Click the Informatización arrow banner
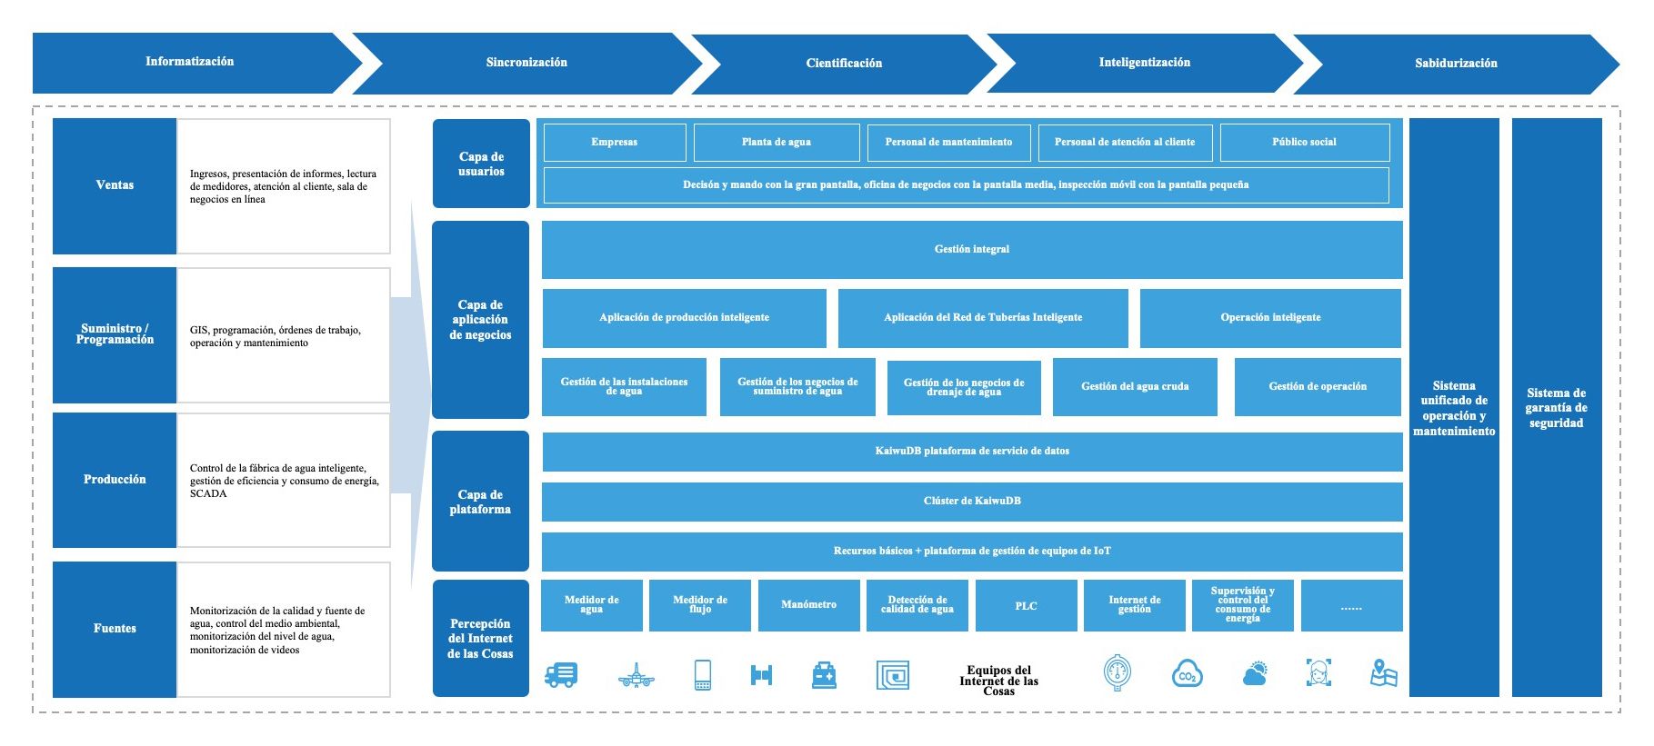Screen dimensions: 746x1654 point(189,63)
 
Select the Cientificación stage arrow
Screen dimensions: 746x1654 point(844,64)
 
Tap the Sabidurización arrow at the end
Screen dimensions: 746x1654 point(1455,64)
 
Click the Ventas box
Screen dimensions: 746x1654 point(115,185)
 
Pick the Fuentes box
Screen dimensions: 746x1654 point(115,629)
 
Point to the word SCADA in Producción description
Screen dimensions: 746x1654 point(208,494)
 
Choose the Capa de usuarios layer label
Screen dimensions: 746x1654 point(481,164)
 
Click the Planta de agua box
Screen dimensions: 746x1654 point(776,143)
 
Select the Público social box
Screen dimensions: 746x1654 point(1304,143)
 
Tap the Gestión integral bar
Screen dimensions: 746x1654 point(971,250)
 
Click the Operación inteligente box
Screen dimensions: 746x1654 point(1269,318)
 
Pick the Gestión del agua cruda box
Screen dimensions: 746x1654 point(1134,387)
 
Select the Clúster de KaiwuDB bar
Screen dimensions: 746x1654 point(971,502)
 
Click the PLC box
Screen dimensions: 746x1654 point(1026,606)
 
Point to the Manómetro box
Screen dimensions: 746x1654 point(808,605)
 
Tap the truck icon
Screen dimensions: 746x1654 point(560,675)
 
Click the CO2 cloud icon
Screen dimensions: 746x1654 point(1187,675)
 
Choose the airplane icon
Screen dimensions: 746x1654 point(636,676)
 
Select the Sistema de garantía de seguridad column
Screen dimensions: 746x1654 point(1556,408)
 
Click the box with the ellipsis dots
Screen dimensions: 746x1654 point(1351,606)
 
